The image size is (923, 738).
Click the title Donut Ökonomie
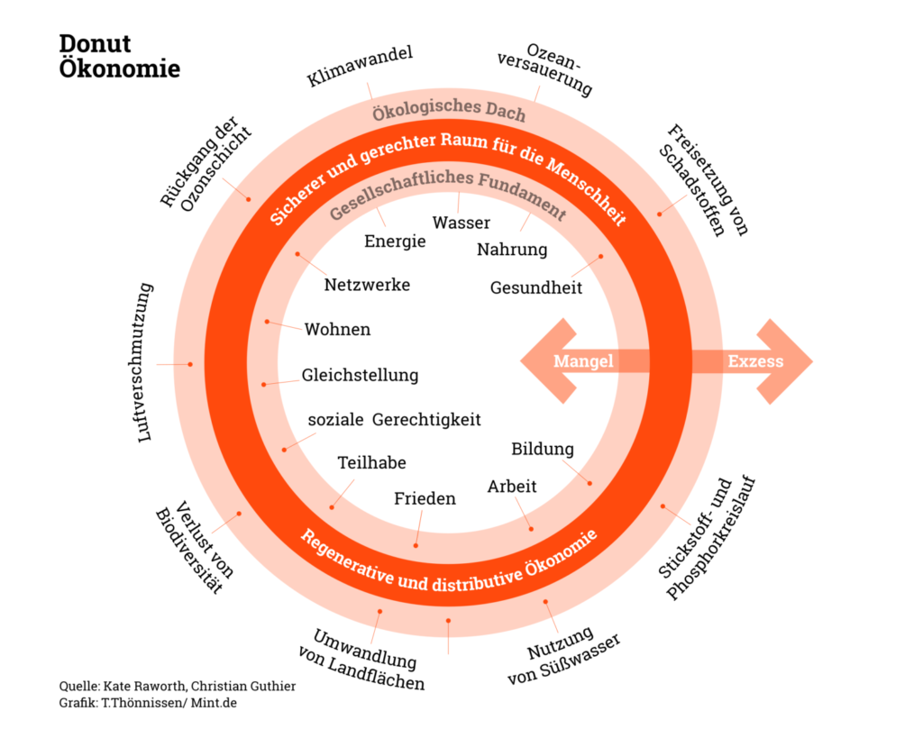[120, 57]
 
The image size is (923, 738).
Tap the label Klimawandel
[360, 67]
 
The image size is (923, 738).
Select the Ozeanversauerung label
[545, 68]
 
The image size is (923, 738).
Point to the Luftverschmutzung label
[145, 362]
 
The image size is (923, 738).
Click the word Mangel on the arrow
[583, 360]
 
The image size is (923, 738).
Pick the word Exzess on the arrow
[756, 360]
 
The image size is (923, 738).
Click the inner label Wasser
[461, 223]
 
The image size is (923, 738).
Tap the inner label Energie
[395, 241]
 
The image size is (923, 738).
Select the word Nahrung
[512, 250]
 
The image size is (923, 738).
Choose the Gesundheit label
[535, 287]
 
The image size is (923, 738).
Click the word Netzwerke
[367, 285]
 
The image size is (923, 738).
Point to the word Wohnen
[337, 329]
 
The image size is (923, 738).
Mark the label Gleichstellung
[360, 376]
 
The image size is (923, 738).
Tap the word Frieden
[425, 498]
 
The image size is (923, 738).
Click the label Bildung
[542, 449]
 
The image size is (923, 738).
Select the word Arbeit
[512, 486]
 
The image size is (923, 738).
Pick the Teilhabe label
[371, 462]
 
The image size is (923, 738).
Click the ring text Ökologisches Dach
[449, 109]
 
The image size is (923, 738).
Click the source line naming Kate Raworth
[178, 687]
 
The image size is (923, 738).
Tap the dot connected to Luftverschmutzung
[190, 364]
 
